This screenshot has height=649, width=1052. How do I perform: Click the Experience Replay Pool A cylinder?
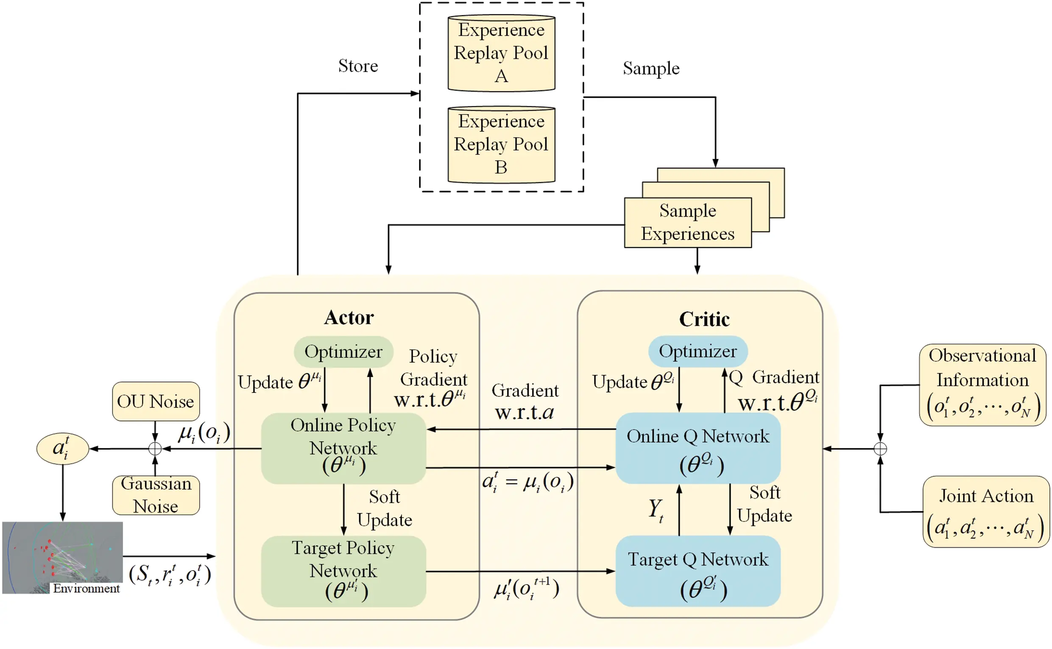[x=501, y=53]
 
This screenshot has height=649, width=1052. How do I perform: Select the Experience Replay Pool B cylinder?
[x=501, y=145]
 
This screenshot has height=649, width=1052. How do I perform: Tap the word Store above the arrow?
[x=358, y=66]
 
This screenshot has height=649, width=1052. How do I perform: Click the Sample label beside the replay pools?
[x=651, y=69]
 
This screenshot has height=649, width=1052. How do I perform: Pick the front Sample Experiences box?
[x=687, y=223]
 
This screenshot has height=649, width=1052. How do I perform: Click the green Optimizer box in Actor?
[x=343, y=351]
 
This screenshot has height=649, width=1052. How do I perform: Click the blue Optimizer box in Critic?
[x=698, y=351]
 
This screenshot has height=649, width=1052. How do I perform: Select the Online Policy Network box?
[x=343, y=448]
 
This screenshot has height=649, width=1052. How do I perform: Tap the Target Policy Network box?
[x=343, y=571]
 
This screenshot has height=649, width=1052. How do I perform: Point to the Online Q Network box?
[x=698, y=448]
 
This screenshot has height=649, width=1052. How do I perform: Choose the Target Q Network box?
[x=698, y=571]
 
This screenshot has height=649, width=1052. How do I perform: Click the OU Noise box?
[x=155, y=401]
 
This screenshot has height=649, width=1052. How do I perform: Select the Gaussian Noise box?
[x=155, y=495]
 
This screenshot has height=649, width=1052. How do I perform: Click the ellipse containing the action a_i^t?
[x=63, y=448]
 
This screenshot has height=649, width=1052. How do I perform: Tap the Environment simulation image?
[x=62, y=557]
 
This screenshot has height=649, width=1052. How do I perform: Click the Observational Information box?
[x=982, y=384]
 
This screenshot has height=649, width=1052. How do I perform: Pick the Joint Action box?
[x=985, y=511]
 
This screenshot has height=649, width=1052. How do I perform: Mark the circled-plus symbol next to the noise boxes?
[x=155, y=448]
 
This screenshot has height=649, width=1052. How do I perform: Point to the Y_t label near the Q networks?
[x=656, y=510]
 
